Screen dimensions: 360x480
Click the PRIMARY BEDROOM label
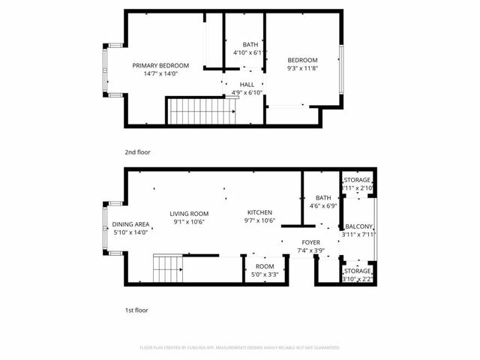tap(160, 65)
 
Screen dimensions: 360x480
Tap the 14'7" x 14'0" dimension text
tap(160, 73)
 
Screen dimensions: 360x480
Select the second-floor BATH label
tap(250, 44)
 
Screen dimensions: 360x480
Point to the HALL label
tap(247, 84)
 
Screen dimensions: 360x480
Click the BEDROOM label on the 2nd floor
tap(303, 60)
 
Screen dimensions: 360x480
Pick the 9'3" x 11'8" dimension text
tap(303, 68)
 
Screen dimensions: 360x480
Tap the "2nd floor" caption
tap(137, 152)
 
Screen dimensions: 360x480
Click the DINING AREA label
tap(130, 224)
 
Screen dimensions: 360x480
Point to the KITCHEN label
tap(260, 212)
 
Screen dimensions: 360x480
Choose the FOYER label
tap(310, 241)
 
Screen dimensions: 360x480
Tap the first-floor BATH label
tap(323, 197)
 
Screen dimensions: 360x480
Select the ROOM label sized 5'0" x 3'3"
tap(265, 266)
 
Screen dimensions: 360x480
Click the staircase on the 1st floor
tap(169, 267)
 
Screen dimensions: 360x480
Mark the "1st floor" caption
tap(136, 309)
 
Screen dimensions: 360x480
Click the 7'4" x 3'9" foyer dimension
tap(310, 250)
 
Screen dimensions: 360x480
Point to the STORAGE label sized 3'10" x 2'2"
tap(357, 271)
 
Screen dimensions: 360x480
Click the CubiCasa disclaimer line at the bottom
tap(240, 348)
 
